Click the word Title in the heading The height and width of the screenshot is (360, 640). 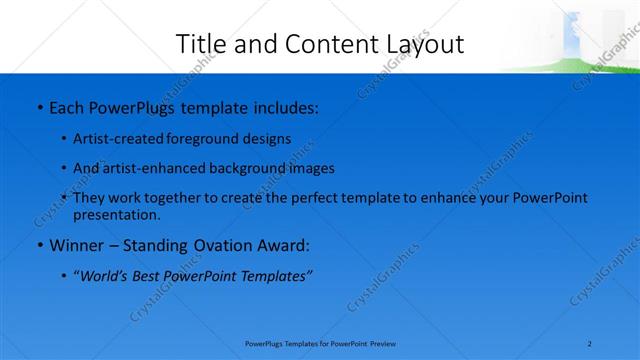(x=200, y=44)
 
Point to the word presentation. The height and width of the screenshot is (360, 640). (x=117, y=214)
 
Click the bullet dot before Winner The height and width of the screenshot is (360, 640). (x=38, y=246)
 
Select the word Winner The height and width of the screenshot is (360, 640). (x=77, y=246)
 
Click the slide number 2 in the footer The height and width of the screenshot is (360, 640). (x=591, y=344)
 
